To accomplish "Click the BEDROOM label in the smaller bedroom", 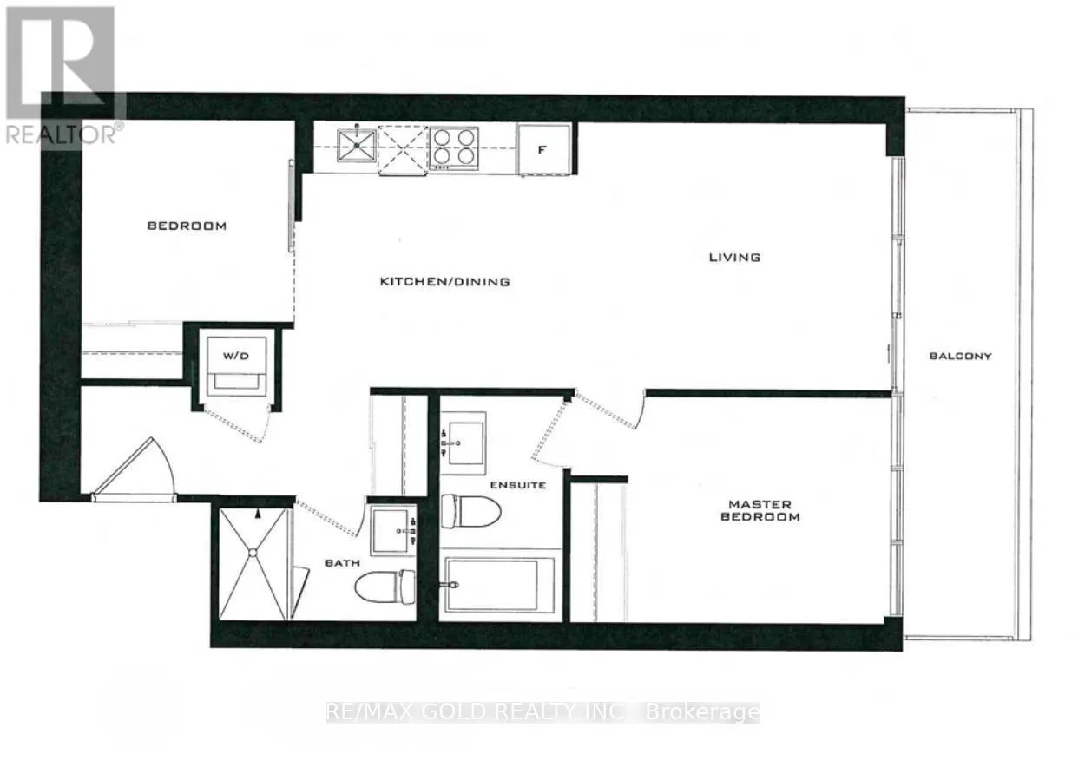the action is [187, 226].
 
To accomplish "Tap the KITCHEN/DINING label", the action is [444, 281].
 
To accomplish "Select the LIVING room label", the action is [735, 257].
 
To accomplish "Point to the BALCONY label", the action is [961, 356].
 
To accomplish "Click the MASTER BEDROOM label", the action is [760, 510].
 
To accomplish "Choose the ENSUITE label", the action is [518, 485].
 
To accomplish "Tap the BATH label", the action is [343, 562].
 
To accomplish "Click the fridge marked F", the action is [543, 149].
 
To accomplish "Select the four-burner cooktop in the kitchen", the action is [454, 147].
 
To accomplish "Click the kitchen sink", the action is [357, 145].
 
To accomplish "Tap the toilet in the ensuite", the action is [470, 511].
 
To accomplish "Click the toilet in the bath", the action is [385, 587].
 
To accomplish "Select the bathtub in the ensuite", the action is [499, 585].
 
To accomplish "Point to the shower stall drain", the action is [253, 553].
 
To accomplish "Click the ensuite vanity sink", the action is [463, 443].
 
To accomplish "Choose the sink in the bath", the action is [393, 530].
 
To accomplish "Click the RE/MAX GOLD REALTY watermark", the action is [543, 711].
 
